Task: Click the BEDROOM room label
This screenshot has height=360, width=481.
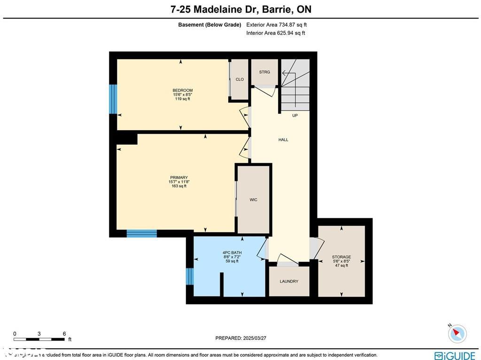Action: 182,90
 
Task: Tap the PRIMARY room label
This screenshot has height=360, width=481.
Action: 179,178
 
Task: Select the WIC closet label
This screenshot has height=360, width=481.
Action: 253,200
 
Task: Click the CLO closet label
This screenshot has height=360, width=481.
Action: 240,79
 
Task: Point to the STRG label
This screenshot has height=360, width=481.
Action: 264,72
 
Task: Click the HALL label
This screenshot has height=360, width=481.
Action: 283,140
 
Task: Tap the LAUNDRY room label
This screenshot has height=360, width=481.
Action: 289,282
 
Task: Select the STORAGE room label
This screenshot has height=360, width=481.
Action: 341,257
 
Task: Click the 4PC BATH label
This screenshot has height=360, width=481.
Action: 232,253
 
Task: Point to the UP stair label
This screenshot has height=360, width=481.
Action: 295,115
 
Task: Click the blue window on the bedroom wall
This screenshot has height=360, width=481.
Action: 113,99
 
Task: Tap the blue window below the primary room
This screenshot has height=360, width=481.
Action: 141,233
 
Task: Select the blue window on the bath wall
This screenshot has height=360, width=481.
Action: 190,276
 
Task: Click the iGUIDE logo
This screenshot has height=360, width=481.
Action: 455,356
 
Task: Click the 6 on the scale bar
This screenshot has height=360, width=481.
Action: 64,334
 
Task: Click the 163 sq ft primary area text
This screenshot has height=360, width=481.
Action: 179,186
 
